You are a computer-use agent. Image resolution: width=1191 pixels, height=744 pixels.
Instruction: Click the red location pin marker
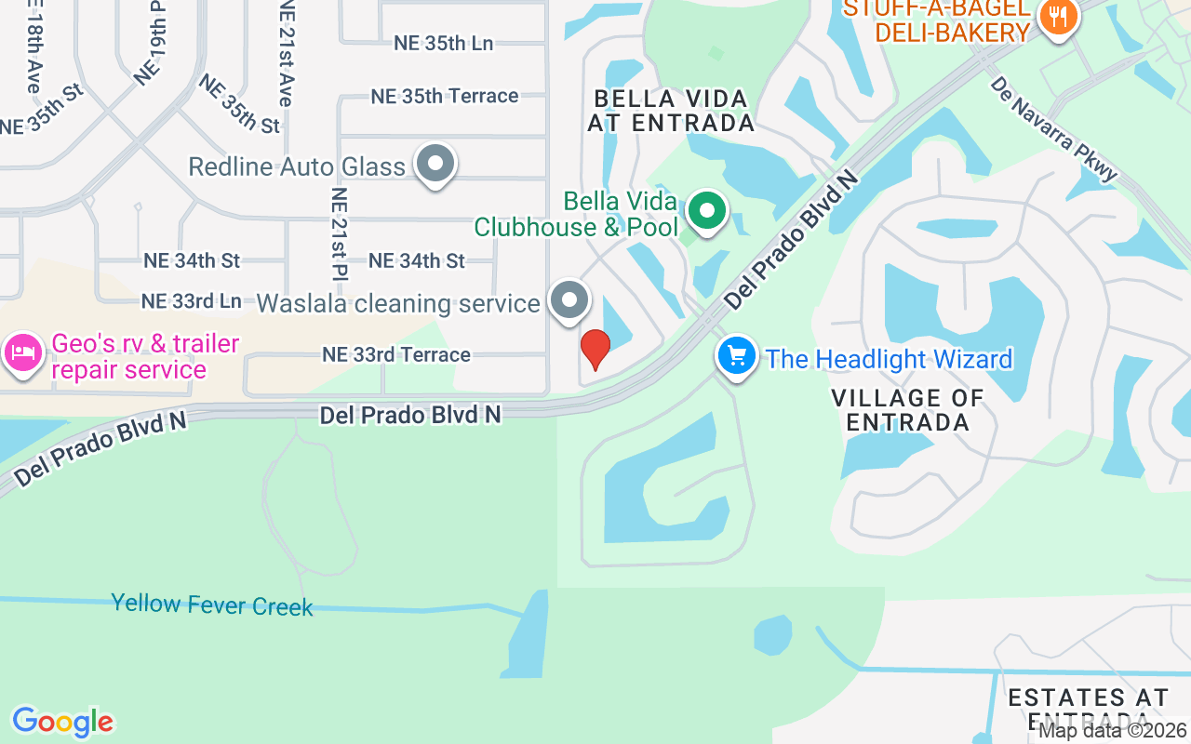tap(595, 349)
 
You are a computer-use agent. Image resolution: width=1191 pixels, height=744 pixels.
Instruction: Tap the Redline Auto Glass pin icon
tap(434, 164)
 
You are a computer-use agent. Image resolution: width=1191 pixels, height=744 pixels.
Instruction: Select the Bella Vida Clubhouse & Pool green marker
tap(707, 210)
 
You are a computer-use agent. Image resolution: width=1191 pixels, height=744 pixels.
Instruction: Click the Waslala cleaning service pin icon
tap(569, 300)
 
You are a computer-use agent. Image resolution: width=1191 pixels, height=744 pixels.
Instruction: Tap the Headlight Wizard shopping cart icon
tap(737, 356)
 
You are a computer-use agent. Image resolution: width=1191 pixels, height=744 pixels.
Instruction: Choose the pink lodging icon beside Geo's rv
tap(22, 353)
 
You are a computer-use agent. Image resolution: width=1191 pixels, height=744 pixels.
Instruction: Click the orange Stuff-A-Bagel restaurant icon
tap(1056, 16)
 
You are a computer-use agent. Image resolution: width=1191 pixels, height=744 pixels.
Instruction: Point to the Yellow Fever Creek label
tap(212, 604)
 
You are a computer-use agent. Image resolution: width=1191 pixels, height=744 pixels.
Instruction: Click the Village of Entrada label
tap(907, 410)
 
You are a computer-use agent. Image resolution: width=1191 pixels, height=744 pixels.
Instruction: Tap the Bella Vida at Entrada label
tap(670, 110)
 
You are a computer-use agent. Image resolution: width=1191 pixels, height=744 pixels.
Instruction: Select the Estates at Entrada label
tap(1088, 708)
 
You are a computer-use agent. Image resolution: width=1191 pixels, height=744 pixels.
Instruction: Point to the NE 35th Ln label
tap(443, 43)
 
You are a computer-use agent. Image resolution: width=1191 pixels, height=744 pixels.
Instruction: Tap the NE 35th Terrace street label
tap(445, 96)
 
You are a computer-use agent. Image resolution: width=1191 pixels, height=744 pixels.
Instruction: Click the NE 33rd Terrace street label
tap(396, 354)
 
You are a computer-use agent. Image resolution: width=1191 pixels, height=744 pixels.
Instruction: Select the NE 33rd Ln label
tap(191, 301)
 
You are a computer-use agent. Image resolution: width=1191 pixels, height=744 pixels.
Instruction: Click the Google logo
tap(62, 722)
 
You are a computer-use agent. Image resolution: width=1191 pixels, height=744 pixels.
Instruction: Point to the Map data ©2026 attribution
tap(1113, 731)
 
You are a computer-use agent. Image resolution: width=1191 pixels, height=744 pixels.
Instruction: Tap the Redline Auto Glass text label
tap(297, 167)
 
